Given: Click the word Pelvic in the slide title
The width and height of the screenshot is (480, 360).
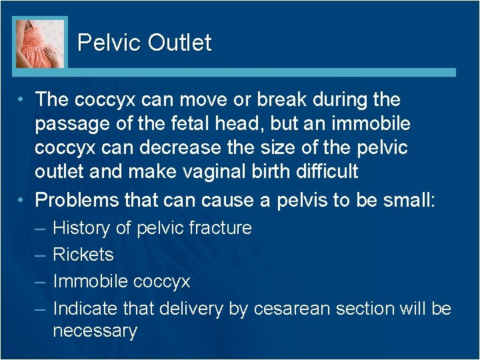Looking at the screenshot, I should tap(109, 43).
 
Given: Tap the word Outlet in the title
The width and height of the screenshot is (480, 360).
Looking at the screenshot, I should tap(179, 43).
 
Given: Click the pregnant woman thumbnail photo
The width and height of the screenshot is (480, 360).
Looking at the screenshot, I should tap(40, 43).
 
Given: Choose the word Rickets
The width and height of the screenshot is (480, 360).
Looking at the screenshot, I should tap(83, 255).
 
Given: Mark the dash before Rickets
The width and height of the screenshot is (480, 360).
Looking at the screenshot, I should tap(39, 255).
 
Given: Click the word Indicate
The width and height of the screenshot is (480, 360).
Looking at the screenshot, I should tap(84, 308).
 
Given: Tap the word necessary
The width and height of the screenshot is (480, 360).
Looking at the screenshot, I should tap(95, 331).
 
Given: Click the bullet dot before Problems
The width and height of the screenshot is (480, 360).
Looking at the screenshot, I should tap(23, 199).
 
